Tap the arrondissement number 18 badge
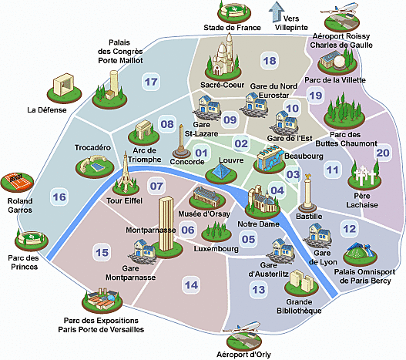coord(270,61)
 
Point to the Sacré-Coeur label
coord(223,85)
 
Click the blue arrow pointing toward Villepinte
coord(277,12)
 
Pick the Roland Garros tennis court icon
coord(17,182)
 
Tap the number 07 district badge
coord(156,186)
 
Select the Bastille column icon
coord(307,193)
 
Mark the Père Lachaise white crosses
coord(364,175)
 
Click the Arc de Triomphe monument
coord(144,133)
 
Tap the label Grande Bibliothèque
coord(299,306)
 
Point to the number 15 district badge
coord(102,252)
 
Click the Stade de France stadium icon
coord(234,12)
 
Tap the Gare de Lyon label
coord(323,257)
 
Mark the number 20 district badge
coord(383,153)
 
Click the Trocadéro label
coord(92,147)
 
